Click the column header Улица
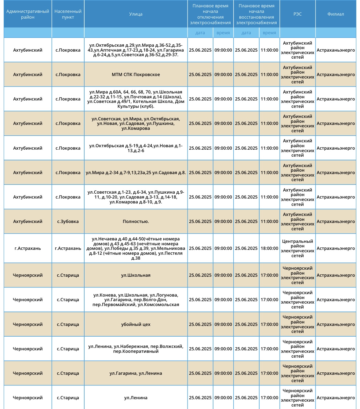136,14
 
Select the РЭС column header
297,14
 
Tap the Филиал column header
336,14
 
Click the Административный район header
28,14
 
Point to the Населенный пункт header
68,14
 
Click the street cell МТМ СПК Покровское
136,75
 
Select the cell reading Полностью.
136,221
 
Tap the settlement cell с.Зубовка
68,221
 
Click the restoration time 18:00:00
269,248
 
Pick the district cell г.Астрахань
28,248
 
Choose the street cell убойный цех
136,324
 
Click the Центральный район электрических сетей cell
297,248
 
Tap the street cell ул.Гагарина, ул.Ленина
136,373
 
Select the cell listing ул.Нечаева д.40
136,248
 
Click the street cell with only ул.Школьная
136,275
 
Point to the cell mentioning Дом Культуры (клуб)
136,99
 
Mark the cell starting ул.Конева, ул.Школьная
136,300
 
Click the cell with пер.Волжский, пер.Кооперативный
136,349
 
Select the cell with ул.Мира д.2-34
136,173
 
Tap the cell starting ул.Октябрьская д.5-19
136,148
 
